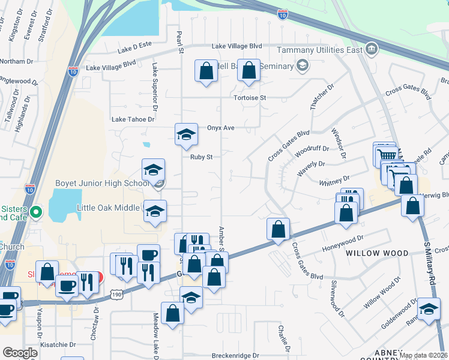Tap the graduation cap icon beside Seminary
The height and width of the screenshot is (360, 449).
click(x=302, y=65)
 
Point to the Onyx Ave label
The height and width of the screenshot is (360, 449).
click(x=220, y=128)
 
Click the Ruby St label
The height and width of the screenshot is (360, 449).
click(x=202, y=157)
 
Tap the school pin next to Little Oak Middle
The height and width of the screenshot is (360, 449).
click(x=155, y=212)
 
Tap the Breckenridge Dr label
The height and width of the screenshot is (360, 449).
click(x=235, y=355)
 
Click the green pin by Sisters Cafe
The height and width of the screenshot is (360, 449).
click(x=36, y=211)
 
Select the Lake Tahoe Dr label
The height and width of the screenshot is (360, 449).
click(x=129, y=119)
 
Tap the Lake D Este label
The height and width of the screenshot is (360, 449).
click(x=135, y=49)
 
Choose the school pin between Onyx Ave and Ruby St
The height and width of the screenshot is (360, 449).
click(x=186, y=135)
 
